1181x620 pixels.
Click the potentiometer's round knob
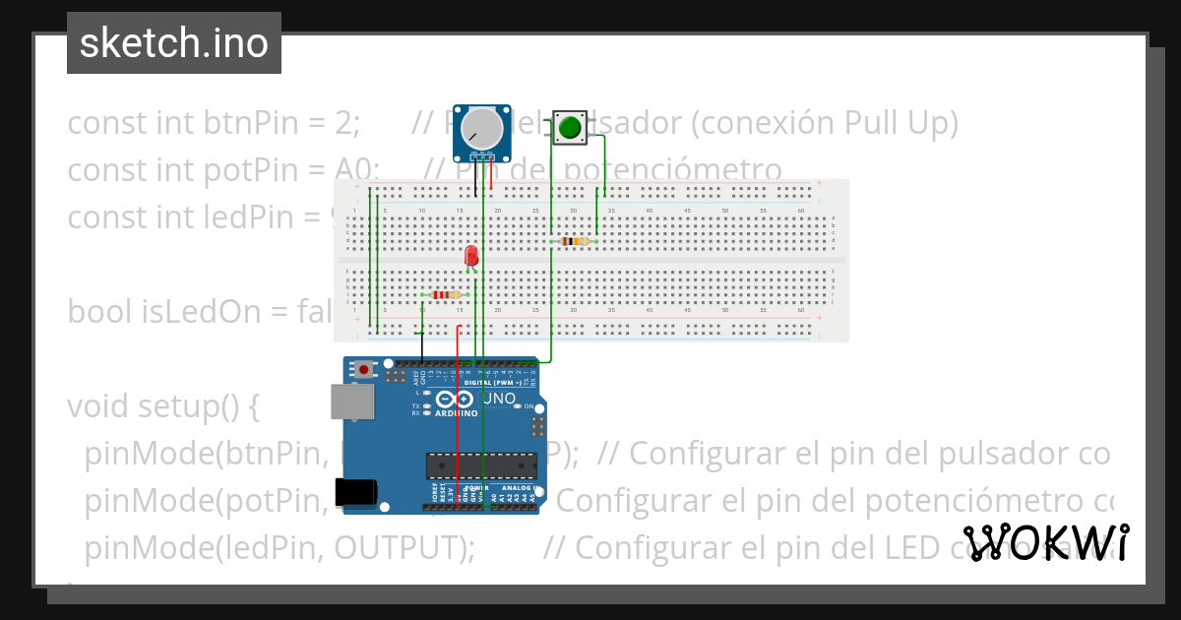(x=481, y=128)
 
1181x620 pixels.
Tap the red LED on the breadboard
(x=470, y=256)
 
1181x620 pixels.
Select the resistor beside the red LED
(x=446, y=294)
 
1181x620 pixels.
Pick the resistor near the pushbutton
(x=574, y=241)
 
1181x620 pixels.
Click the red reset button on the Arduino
(x=365, y=370)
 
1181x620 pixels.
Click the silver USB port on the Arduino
(x=351, y=402)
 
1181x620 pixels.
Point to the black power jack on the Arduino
(x=355, y=491)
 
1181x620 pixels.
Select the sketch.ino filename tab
(x=174, y=43)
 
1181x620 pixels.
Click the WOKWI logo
(x=1045, y=542)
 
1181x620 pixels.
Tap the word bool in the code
(x=100, y=311)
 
